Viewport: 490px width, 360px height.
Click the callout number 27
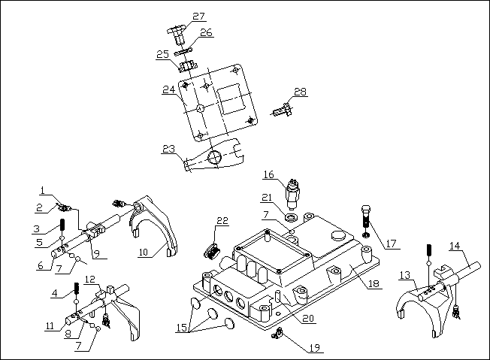(197, 16)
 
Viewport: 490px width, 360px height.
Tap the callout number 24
(169, 89)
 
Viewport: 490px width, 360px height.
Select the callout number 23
(168, 149)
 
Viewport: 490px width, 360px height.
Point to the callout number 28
(300, 92)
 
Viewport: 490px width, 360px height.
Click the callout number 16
(268, 174)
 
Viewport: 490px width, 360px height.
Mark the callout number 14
(456, 246)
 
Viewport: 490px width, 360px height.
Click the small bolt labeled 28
(281, 110)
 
